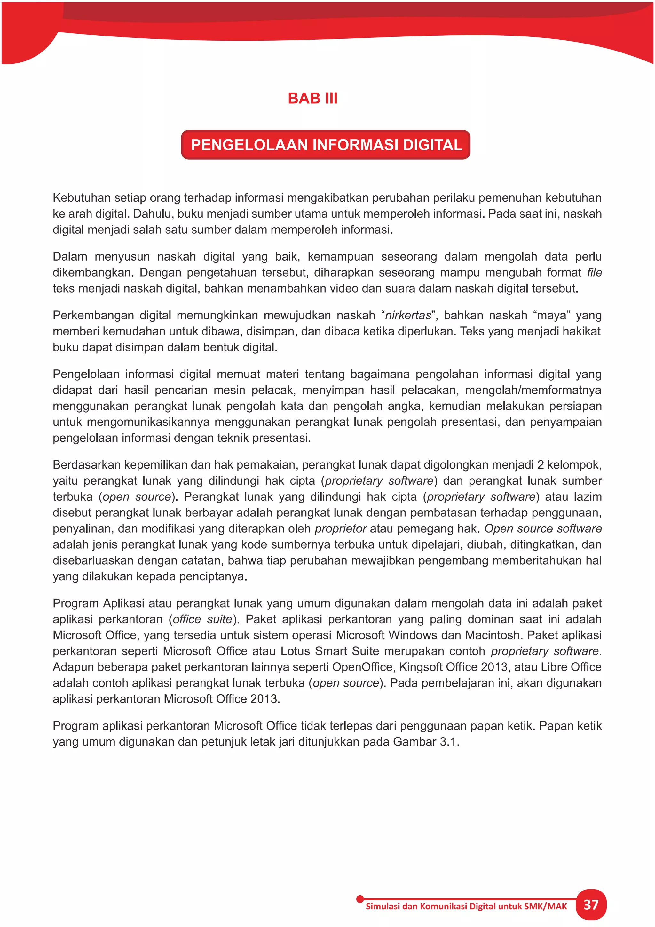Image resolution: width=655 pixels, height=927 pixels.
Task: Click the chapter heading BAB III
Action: point(312,98)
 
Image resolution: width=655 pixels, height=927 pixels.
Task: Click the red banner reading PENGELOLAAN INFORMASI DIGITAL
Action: point(326,145)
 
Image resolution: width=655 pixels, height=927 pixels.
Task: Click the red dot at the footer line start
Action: point(360,899)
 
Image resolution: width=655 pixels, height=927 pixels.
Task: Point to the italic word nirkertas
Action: point(408,315)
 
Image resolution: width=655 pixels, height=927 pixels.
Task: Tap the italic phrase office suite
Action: point(202,619)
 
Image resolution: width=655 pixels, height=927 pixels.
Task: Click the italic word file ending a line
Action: point(594,272)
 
